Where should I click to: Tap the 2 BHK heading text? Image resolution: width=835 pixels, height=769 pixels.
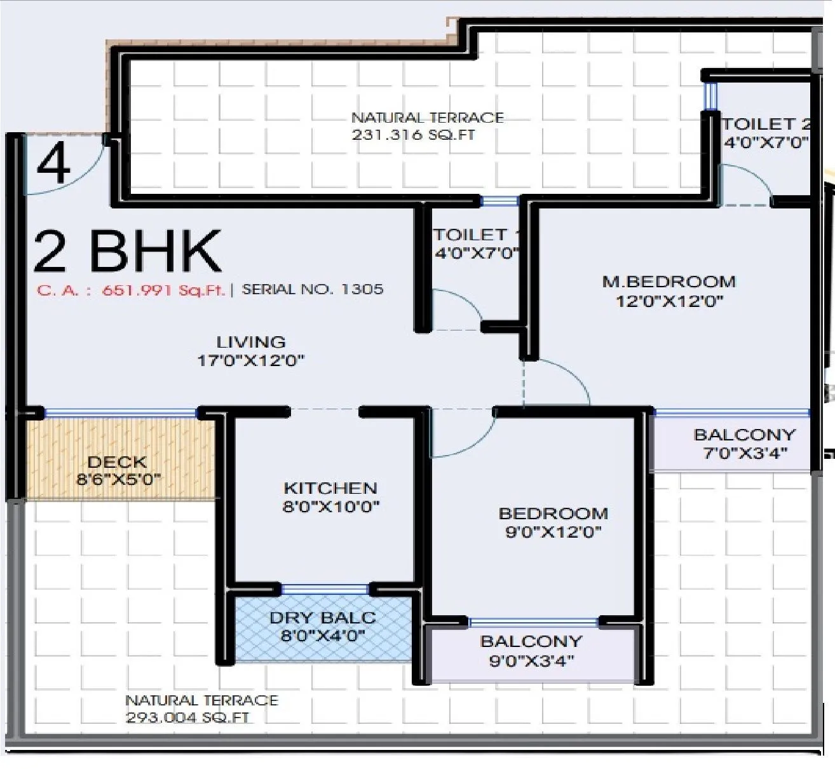pos(127,252)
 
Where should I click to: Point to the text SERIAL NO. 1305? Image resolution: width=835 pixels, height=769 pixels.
pos(313,290)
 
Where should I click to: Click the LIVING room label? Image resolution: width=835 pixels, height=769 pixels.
pos(251,342)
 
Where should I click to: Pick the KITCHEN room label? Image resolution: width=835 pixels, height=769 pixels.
pos(330,488)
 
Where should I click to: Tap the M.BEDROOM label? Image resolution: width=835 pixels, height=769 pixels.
pos(669,282)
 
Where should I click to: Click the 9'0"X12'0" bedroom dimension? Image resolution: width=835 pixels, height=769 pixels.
pos(553,532)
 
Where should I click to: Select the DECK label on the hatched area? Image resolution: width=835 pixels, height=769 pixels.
pos(117,462)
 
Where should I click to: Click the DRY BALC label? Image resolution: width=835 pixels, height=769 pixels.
pos(322,617)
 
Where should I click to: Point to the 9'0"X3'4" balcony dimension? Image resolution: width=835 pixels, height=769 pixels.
pos(531,661)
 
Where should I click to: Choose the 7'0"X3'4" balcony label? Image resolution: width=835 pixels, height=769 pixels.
pos(745,453)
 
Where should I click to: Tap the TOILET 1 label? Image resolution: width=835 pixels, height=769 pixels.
pos(474,235)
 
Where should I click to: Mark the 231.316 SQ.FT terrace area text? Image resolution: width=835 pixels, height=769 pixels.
pos(414,135)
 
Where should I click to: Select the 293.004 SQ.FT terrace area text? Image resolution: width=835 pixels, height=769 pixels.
pos(187,718)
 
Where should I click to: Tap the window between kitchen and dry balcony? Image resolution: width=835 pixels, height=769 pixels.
pos(325,589)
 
